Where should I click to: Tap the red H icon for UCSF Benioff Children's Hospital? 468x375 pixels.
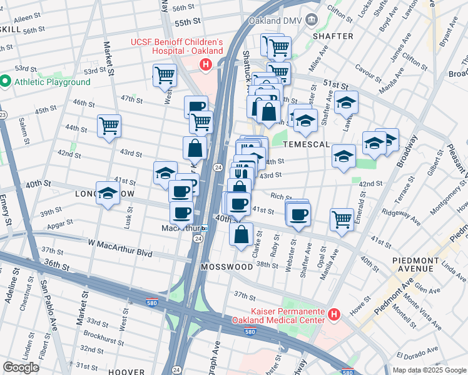pyautogui.click(x=205, y=64)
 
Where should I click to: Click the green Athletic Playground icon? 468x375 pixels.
pyautogui.click(x=6, y=82)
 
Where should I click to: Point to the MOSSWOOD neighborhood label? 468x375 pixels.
pyautogui.click(x=226, y=267)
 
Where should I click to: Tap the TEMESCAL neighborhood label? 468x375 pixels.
pyautogui.click(x=307, y=144)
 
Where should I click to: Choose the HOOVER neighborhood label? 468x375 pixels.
pyautogui.click(x=125, y=371)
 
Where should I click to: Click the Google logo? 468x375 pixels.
pyautogui.click(x=21, y=367)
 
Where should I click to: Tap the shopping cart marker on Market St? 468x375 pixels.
pyautogui.click(x=109, y=126)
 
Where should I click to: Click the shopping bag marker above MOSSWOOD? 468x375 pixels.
pyautogui.click(x=241, y=235)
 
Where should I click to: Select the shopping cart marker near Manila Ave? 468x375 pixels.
pyautogui.click(x=342, y=219)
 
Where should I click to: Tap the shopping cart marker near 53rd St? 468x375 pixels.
pyautogui.click(x=165, y=75)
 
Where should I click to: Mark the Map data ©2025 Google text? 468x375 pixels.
pyautogui.click(x=429, y=370)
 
